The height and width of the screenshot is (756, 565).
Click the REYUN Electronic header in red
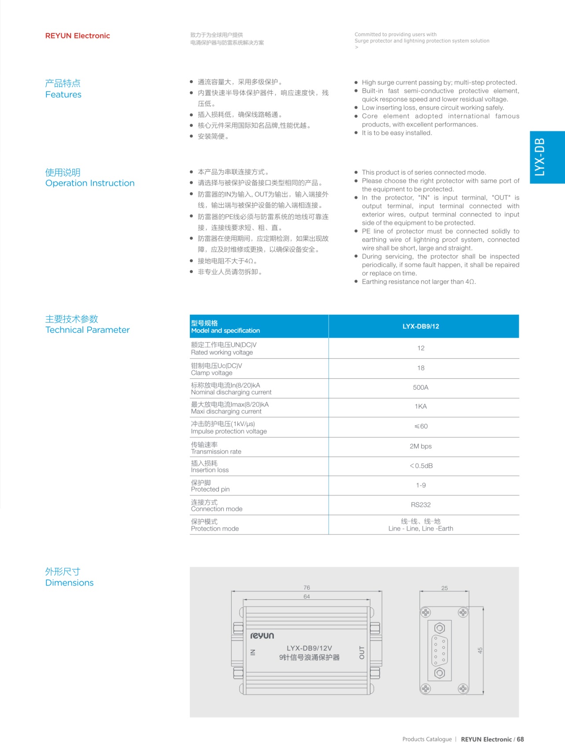pyautogui.click(x=78, y=36)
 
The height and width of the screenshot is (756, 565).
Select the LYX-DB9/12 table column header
pyautogui.click(x=421, y=326)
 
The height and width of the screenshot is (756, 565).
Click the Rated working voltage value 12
pyautogui.click(x=421, y=348)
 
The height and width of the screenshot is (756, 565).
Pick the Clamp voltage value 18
pyautogui.click(x=421, y=368)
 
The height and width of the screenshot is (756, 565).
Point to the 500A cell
pyautogui.click(x=421, y=387)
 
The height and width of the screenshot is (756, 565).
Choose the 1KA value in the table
pyautogui.click(x=421, y=406)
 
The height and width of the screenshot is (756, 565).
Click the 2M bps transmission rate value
pyautogui.click(x=421, y=446)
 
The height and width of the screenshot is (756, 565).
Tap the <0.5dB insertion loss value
pyautogui.click(x=421, y=466)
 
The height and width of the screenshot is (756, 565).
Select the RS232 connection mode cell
pyautogui.click(x=421, y=505)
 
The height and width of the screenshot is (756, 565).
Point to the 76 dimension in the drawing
pyautogui.click(x=307, y=587)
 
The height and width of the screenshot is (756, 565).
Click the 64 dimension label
pyautogui.click(x=307, y=597)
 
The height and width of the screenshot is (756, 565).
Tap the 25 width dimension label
pyautogui.click(x=444, y=588)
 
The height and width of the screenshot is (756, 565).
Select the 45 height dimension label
pyautogui.click(x=480, y=650)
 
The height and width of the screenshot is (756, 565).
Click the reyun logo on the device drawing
pyautogui.click(x=262, y=635)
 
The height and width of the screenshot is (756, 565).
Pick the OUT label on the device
pyautogui.click(x=362, y=653)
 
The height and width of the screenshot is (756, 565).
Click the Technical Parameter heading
pyautogui.click(x=87, y=330)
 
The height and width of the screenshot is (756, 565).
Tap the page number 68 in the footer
pyautogui.click(x=521, y=739)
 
